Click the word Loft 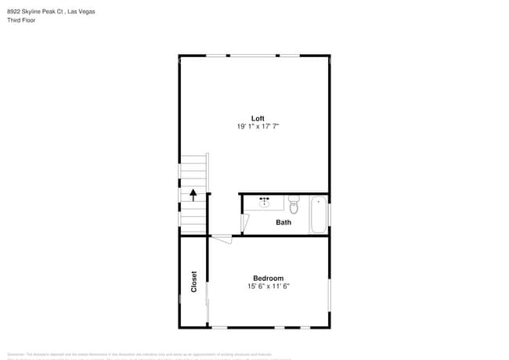pos(258,118)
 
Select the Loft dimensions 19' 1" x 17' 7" pos(258,126)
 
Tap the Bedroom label pos(268,278)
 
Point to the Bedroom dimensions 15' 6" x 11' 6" pos(268,286)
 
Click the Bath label pos(283,222)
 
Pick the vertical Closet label pos(194,282)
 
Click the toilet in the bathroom pos(294,205)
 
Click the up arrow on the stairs pos(193,194)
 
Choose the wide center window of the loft pos(252,55)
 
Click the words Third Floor pos(21,20)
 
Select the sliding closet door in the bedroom pos(208,301)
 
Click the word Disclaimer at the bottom pos(17,355)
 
